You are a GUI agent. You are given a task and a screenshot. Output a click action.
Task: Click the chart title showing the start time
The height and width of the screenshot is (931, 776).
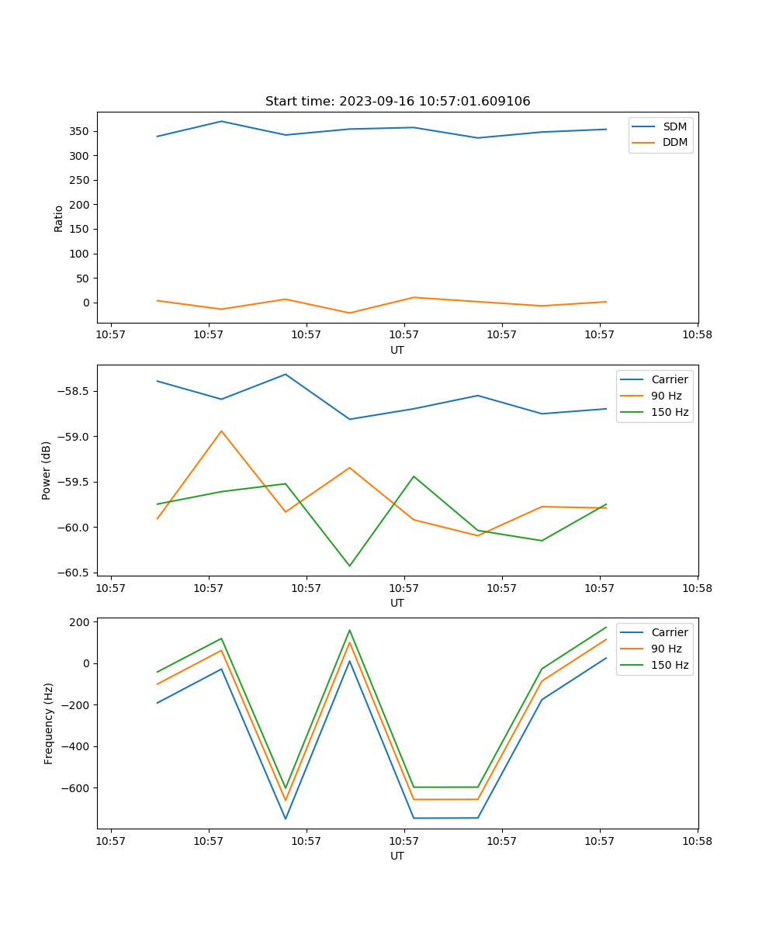[397, 102]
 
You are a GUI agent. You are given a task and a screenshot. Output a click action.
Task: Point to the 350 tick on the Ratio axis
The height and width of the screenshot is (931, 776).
[80, 131]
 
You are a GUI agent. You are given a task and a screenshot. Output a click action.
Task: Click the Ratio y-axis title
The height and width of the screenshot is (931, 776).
[59, 218]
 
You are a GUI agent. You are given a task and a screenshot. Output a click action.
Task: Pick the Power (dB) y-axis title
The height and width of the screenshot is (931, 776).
[47, 470]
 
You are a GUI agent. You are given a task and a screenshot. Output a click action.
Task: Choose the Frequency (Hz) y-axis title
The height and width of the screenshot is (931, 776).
[48, 723]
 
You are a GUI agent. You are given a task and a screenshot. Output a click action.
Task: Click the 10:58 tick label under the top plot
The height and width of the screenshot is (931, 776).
[697, 335]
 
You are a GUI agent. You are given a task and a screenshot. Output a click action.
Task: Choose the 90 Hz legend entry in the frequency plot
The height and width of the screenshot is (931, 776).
[666, 649]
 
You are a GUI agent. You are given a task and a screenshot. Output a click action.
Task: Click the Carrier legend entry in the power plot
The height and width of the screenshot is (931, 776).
[669, 379]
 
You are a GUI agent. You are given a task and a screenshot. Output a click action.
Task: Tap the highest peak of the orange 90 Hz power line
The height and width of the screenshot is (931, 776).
[221, 431]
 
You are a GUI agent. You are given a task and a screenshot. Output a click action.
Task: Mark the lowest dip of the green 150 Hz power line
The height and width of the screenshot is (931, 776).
[349, 566]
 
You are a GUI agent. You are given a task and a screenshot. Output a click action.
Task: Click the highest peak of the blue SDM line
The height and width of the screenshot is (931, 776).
[221, 121]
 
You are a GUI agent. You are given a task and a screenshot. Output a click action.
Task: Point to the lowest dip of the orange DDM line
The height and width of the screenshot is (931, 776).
[349, 313]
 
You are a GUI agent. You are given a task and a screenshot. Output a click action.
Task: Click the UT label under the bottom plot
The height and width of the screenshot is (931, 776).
[397, 856]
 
